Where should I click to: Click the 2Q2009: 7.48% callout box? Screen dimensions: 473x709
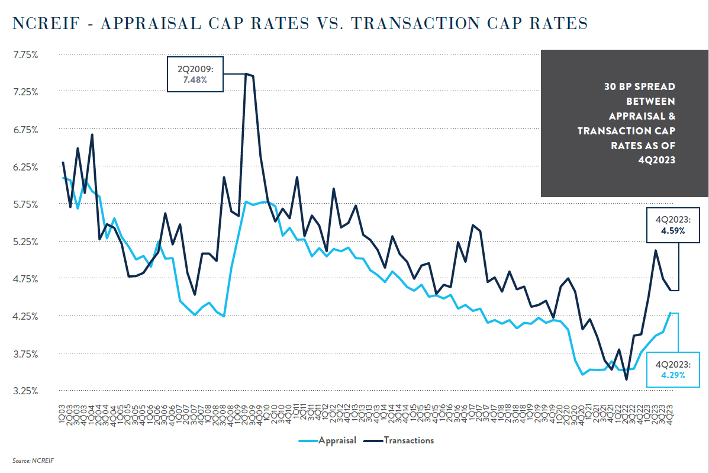coord(195,75)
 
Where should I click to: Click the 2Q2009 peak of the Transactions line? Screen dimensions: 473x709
coord(246,73)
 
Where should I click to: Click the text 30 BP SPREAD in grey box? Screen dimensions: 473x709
coord(639,86)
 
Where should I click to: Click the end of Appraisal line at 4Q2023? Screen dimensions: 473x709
coord(671,313)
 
